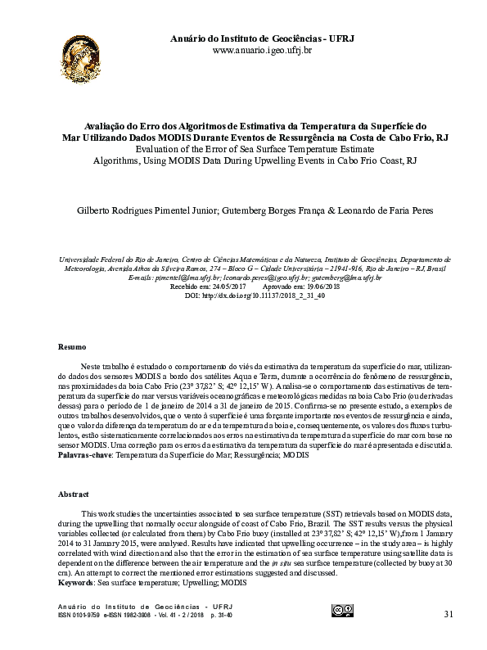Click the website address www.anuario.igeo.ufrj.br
pos(261,51)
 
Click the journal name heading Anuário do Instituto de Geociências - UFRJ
pos(261,38)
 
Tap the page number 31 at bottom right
pos(447,615)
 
